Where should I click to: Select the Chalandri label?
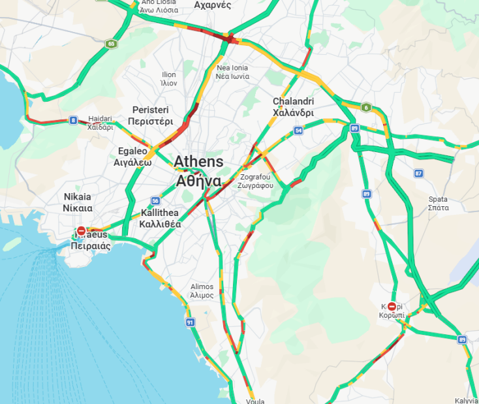[293, 107]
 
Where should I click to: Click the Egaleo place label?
[132, 157]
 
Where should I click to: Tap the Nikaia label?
[78, 202]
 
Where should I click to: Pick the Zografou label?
[255, 181]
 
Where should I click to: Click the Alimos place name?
[202, 290]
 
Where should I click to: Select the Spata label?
[438, 203]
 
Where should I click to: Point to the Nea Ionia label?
[232, 72]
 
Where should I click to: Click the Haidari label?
[100, 123]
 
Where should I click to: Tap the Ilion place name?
[168, 79]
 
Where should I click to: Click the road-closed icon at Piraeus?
[81, 231]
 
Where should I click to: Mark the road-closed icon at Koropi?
[392, 306]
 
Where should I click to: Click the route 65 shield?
[111, 44]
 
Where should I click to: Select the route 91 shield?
[190, 322]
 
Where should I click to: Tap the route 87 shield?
[418, 173]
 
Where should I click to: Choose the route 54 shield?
[298, 131]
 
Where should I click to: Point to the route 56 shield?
[155, 201]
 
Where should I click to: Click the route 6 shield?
[367, 108]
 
